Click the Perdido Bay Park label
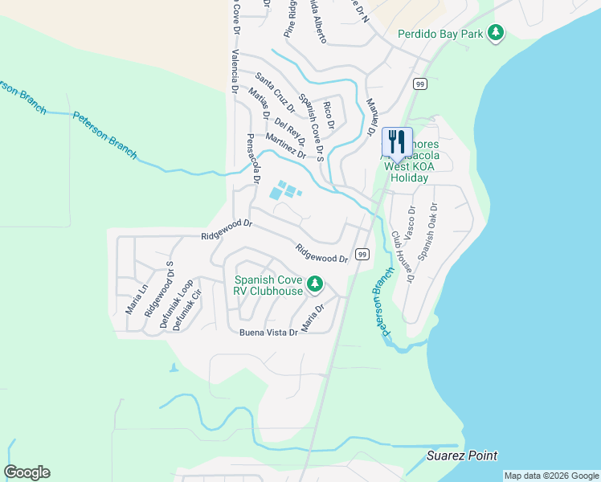[x=443, y=34]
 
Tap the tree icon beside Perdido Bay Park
[x=497, y=33]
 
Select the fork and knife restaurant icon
[x=397, y=142]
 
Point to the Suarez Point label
[x=461, y=455]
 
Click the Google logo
[x=27, y=472]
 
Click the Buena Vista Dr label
[x=268, y=331]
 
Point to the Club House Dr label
[x=402, y=257]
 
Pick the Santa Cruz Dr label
[x=275, y=92]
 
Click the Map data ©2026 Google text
[x=551, y=476]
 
